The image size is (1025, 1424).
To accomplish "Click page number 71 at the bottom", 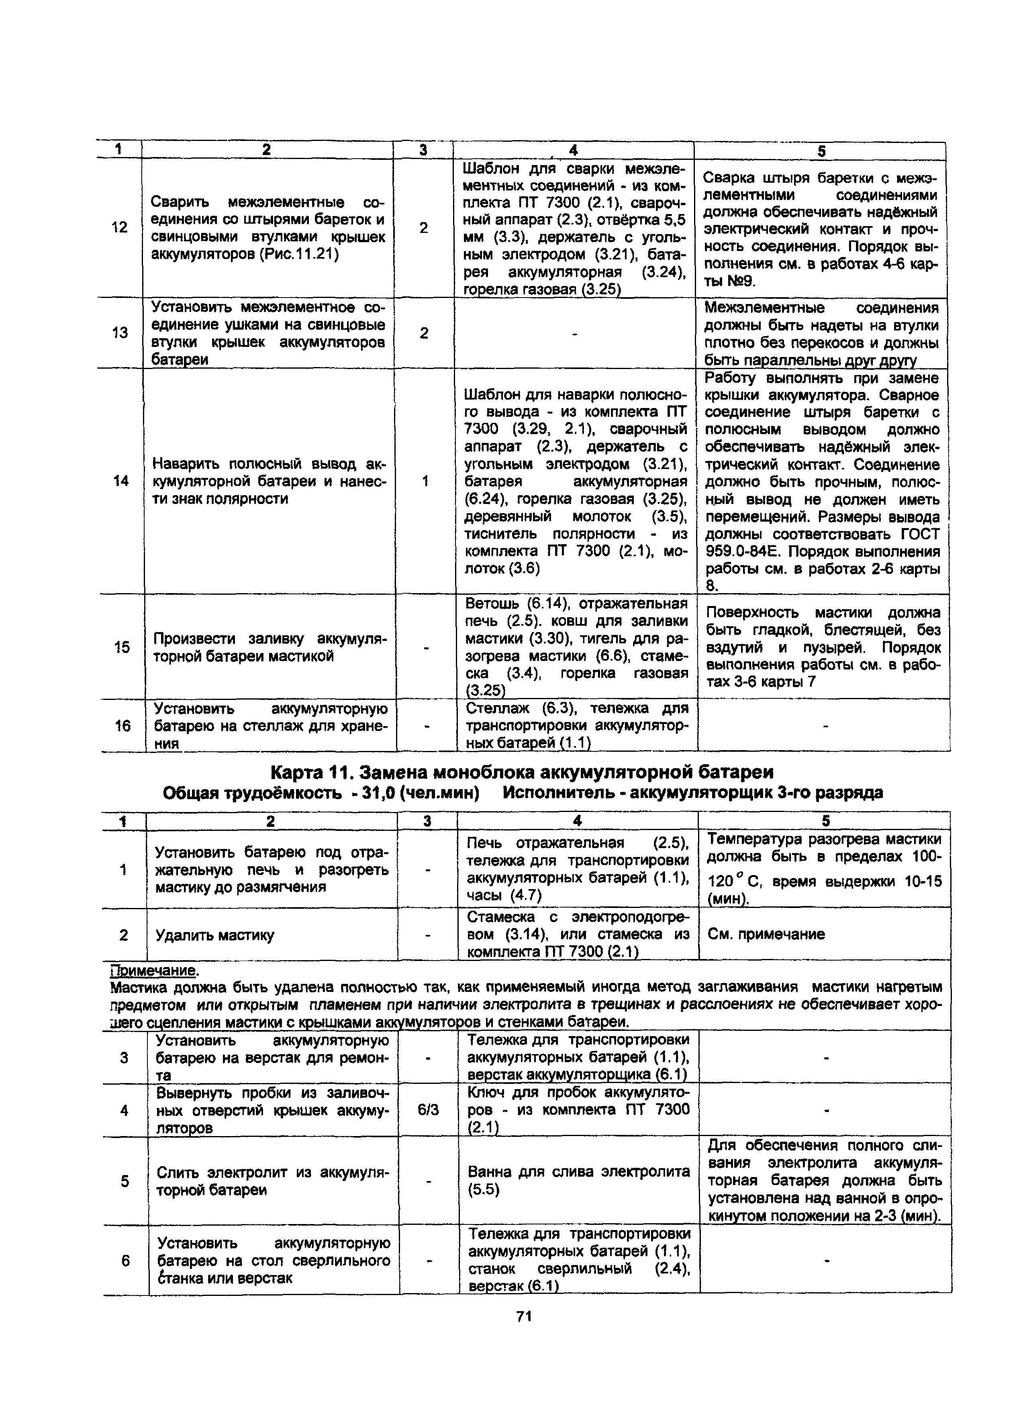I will (524, 1317).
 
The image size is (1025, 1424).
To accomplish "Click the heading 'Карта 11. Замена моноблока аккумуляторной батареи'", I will (521, 772).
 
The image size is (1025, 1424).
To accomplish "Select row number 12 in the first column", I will (119, 227).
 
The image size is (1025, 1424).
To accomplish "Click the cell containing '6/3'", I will (428, 1110).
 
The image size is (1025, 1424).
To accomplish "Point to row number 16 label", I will (123, 726).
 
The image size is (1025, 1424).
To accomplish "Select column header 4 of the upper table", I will (572, 150).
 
